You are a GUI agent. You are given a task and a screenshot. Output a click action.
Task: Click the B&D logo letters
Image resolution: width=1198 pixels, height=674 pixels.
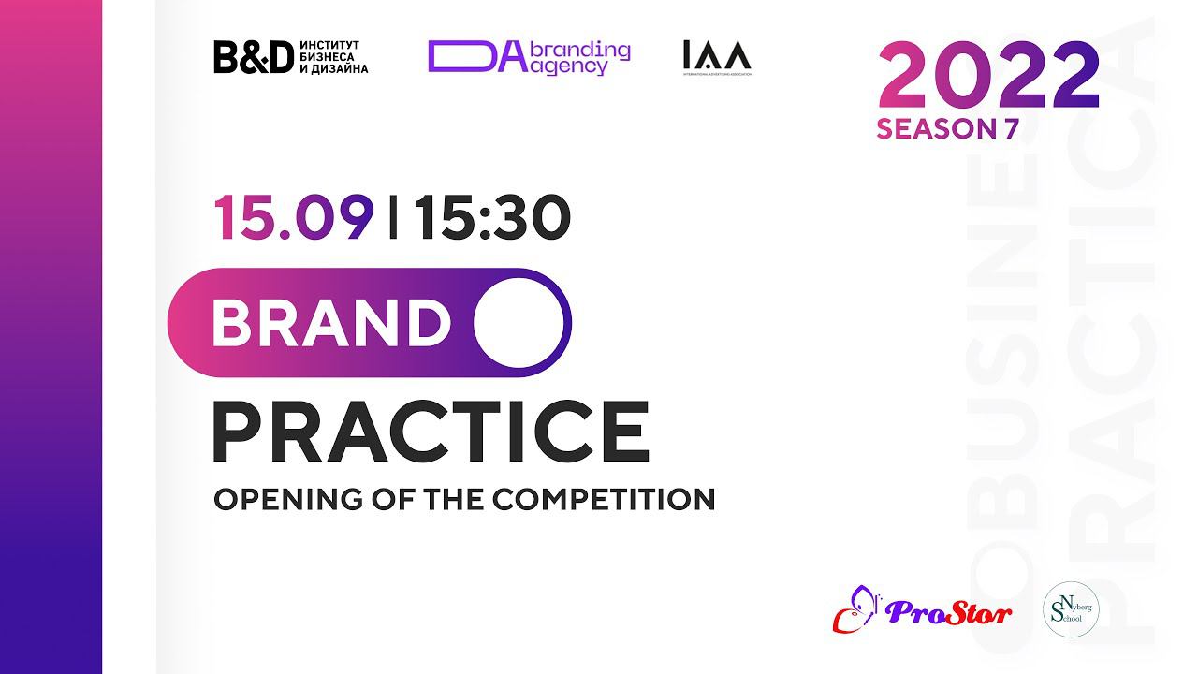point(254,57)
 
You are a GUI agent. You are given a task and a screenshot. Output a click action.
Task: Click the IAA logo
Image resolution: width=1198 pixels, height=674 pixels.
point(717,58)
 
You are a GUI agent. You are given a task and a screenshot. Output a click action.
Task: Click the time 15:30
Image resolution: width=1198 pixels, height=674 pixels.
point(492,217)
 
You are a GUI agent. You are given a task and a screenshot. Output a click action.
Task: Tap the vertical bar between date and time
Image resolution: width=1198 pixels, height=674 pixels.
point(392,217)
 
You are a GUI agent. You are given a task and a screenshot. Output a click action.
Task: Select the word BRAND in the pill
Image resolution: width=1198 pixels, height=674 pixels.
point(331,323)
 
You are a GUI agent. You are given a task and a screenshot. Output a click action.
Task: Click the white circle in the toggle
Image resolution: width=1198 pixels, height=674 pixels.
point(519,323)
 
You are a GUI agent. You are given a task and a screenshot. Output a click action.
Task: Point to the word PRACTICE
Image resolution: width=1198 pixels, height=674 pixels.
point(431,432)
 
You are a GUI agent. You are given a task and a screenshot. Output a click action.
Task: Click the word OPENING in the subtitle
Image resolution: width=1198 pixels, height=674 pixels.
point(270,499)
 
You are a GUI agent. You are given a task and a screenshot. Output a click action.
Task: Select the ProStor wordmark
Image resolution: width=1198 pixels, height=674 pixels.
point(948,614)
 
